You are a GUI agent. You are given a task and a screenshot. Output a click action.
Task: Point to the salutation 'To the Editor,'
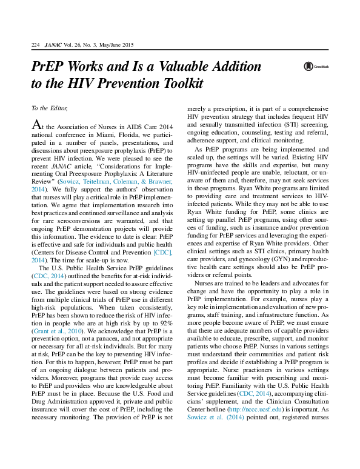[x=48, y=108]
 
